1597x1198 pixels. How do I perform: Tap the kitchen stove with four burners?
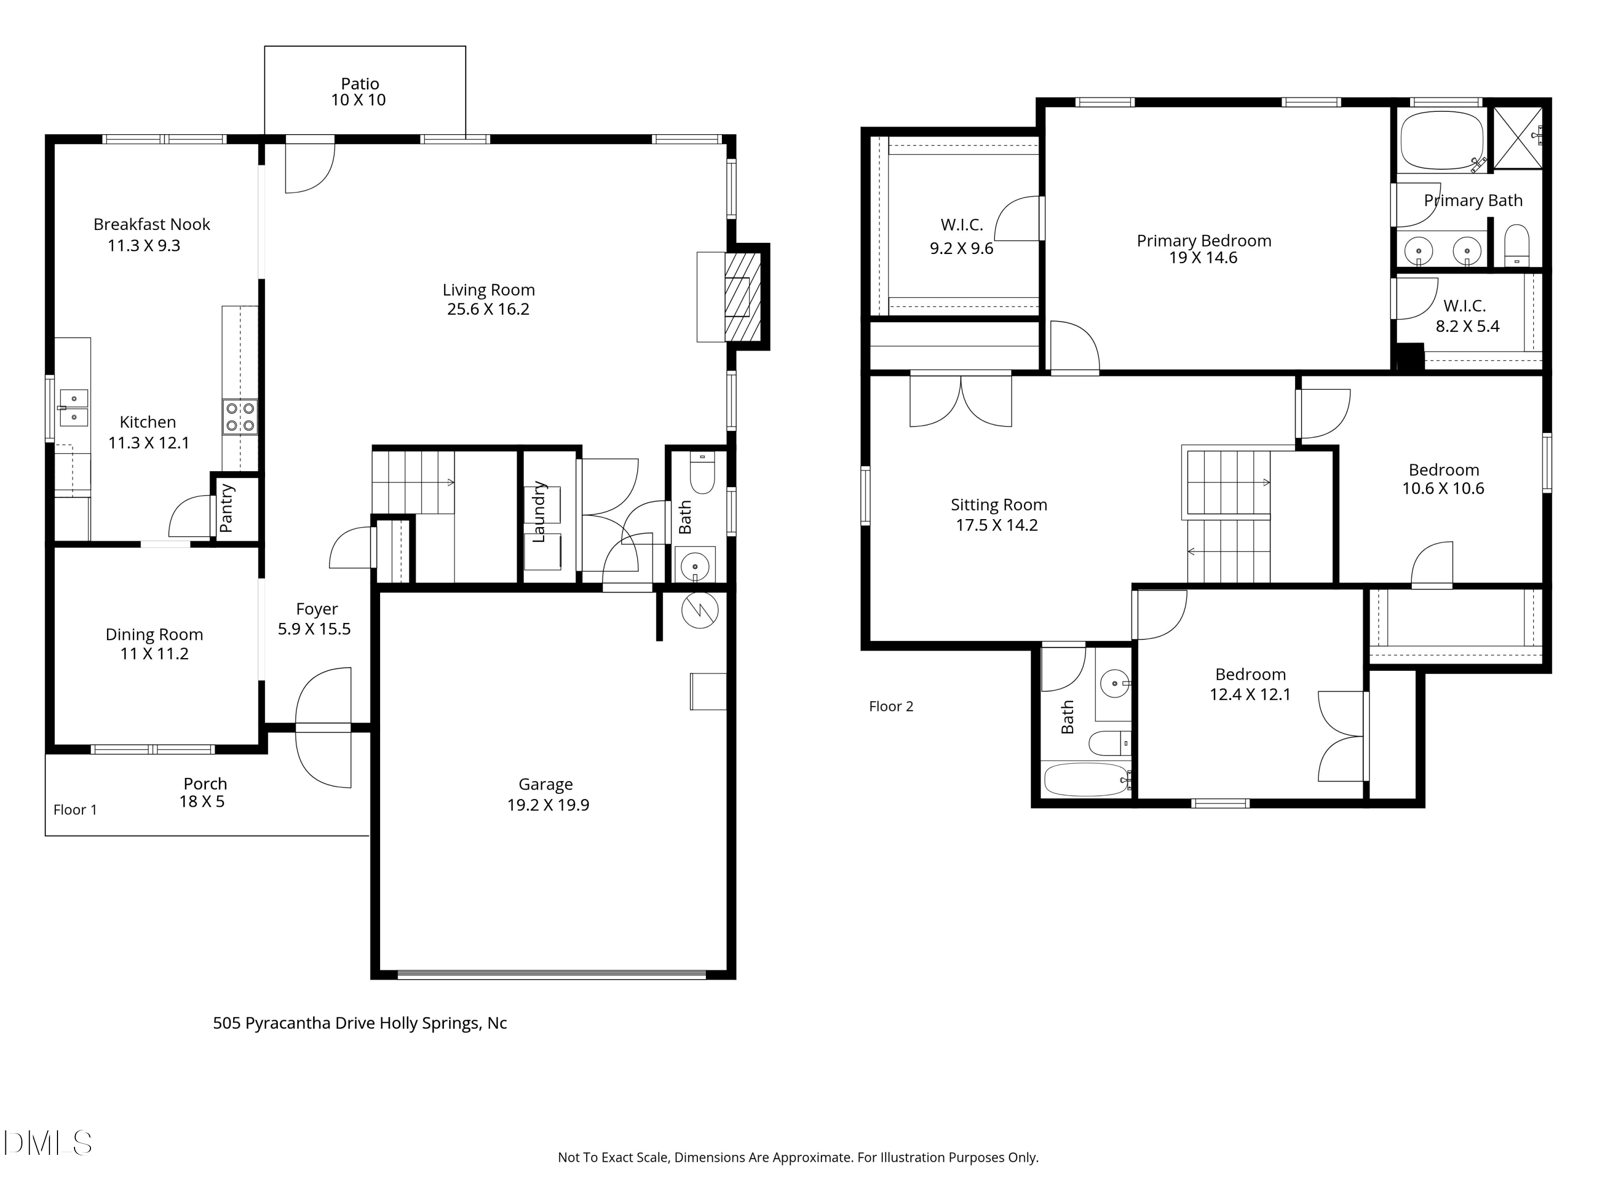[240, 417]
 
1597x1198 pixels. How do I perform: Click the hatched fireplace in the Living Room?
[743, 296]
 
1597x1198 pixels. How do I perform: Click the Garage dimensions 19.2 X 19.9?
[548, 805]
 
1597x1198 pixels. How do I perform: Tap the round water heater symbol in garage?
[699, 610]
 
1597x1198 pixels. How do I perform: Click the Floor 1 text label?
[75, 809]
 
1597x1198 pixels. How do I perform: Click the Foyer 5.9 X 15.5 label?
[315, 619]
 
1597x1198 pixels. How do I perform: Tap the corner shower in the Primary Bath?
[1518, 137]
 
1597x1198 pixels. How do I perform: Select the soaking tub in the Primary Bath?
[1442, 140]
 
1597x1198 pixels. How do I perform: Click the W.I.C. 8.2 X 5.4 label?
[1466, 316]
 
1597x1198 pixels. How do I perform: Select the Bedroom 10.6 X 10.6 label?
[1443, 479]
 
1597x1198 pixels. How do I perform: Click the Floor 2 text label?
[891, 706]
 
